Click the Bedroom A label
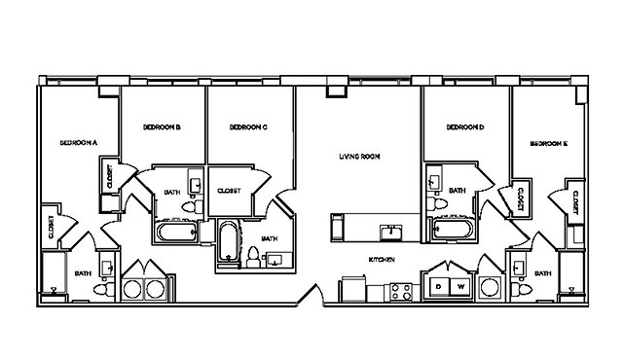78,142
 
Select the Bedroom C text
248,126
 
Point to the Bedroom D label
464,126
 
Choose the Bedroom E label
549,143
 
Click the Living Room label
358,156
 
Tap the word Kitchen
382,260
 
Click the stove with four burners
400,289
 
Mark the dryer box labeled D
439,287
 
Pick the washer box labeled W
461,287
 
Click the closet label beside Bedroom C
230,191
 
